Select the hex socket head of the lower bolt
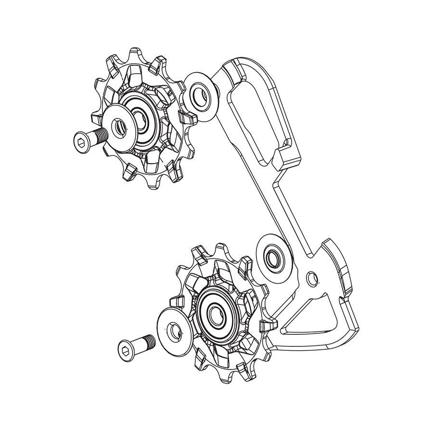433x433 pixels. click(127, 347)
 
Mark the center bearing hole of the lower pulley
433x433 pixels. click(217, 314)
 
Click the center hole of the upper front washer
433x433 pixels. click(117, 127)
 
